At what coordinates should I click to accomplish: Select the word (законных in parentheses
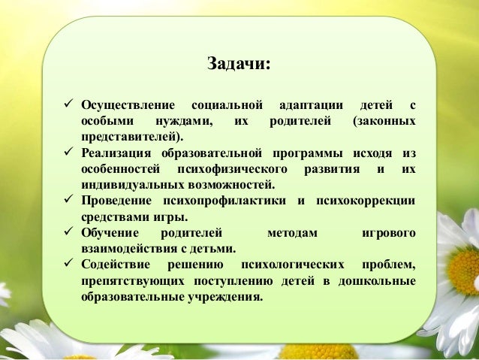(384, 120)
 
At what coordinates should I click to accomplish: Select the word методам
(292, 234)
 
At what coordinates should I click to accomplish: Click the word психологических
(289, 265)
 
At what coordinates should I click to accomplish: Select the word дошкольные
(377, 281)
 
